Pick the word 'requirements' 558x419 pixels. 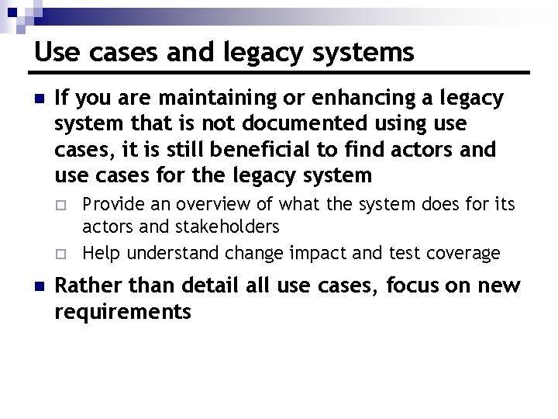(x=123, y=312)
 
